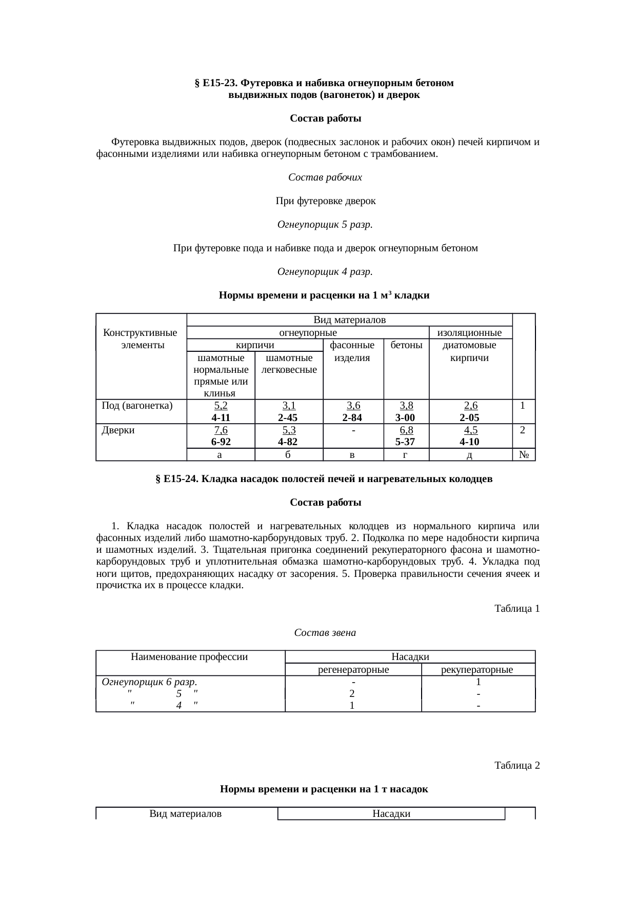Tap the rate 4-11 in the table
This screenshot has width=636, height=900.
pyautogui.click(x=221, y=417)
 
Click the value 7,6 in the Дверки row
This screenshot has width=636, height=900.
pyautogui.click(x=221, y=430)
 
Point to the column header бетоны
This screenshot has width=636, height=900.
pyautogui.click(x=406, y=345)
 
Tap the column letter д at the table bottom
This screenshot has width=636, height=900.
pyautogui.click(x=470, y=455)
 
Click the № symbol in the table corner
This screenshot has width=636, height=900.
pyautogui.click(x=523, y=455)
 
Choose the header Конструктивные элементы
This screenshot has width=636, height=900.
pyautogui.click(x=141, y=339)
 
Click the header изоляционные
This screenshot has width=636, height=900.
pyautogui.click(x=469, y=333)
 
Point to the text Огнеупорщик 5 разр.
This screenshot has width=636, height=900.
pyautogui.click(x=325, y=225)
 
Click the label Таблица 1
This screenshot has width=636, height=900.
pyautogui.click(x=516, y=609)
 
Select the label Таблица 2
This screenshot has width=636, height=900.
pyautogui.click(x=516, y=766)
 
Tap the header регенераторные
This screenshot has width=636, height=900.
pyautogui.click(x=353, y=670)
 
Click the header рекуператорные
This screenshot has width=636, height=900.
pyautogui.click(x=478, y=670)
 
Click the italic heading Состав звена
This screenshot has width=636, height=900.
pyautogui.click(x=325, y=633)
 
